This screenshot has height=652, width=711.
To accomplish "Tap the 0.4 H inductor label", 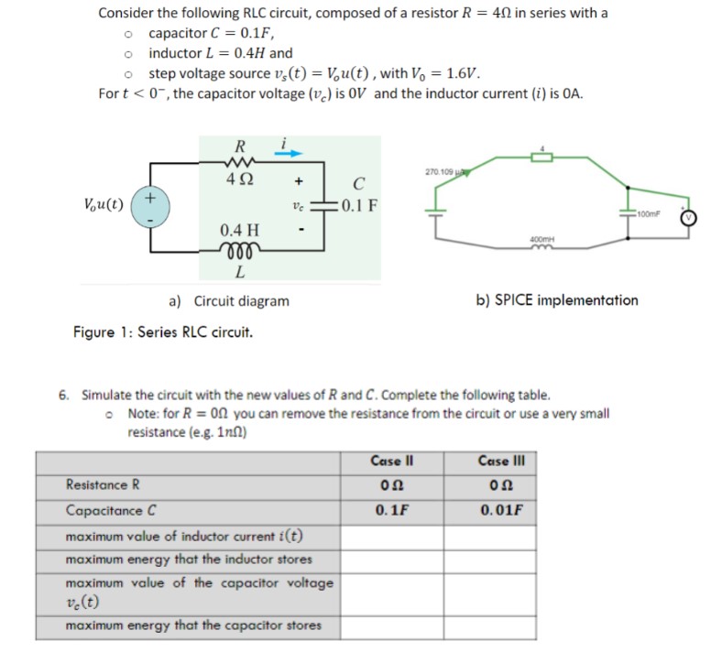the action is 239,229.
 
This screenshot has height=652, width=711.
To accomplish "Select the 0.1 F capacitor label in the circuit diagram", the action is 358,203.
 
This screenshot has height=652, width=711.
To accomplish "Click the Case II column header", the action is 393,460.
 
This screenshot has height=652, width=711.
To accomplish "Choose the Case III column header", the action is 500,460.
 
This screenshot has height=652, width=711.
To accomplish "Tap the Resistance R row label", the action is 103,485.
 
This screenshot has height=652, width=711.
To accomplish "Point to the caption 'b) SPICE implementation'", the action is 557,299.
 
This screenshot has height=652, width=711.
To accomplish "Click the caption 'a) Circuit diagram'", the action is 229,300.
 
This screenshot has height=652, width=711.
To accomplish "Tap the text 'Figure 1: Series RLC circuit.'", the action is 163,331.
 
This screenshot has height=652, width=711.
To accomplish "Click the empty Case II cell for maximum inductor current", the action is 393,535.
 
